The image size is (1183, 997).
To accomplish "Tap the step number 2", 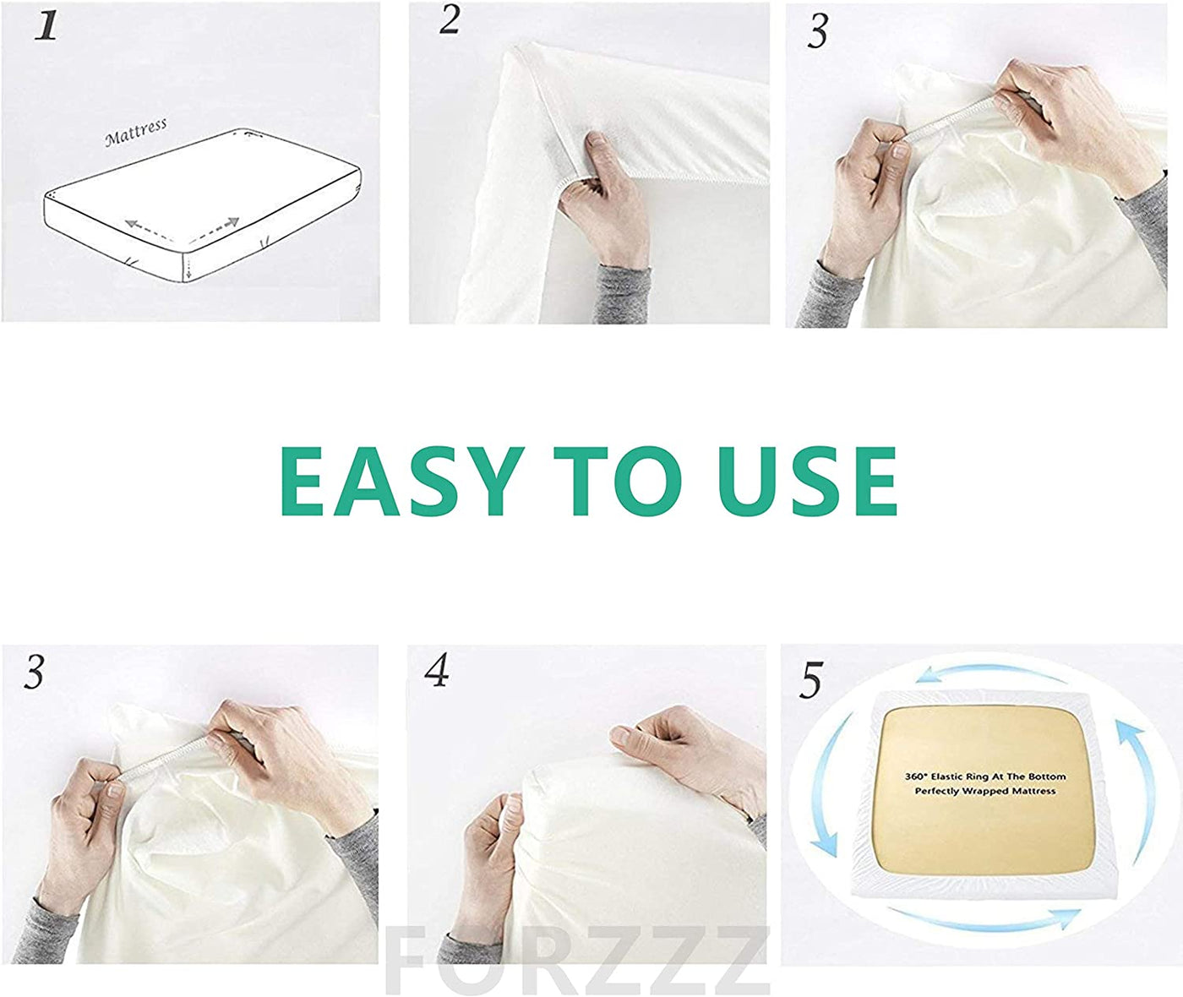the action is click(x=449, y=20).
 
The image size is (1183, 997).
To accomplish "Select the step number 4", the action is click(x=437, y=670).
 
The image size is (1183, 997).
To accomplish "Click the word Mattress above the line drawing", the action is click(x=136, y=132).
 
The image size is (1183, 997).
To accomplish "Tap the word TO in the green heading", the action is click(x=617, y=481).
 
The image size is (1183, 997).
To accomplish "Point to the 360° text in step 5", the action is click(x=919, y=776).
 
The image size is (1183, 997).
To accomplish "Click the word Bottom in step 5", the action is click(x=1050, y=776).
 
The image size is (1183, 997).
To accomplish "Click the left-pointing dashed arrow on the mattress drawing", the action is click(x=148, y=229).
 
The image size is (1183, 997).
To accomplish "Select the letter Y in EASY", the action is click(x=488, y=481).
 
